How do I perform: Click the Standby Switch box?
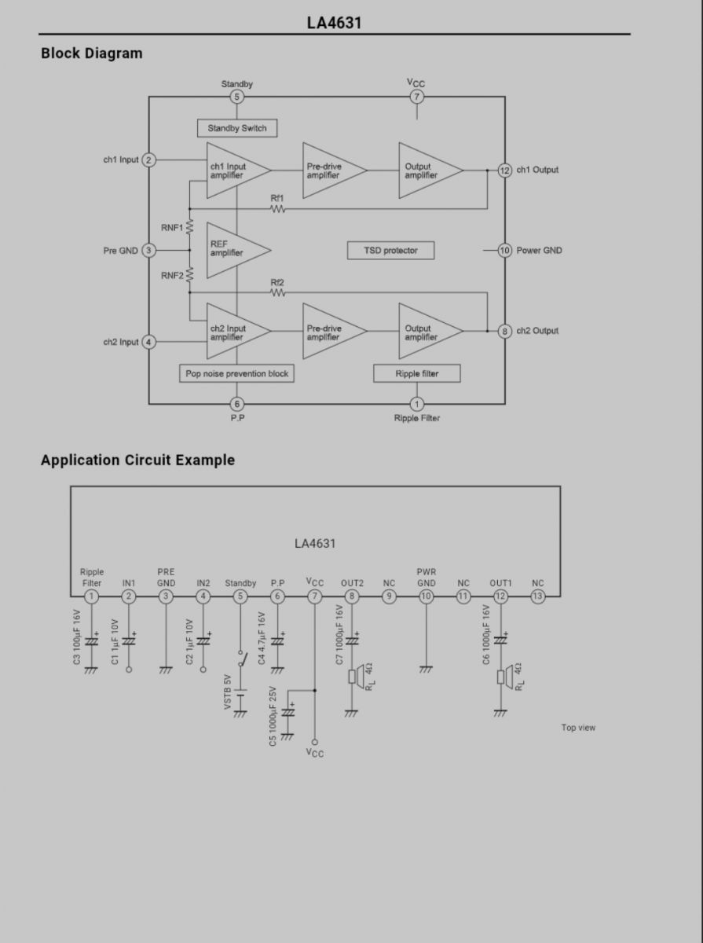click(x=237, y=128)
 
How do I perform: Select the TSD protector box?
click(x=390, y=251)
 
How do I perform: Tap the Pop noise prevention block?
click(x=236, y=373)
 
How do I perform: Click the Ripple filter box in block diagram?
click(x=416, y=373)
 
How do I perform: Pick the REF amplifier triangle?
click(x=232, y=250)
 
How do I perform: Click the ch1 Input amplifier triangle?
click(x=232, y=171)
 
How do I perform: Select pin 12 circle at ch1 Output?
click(x=504, y=171)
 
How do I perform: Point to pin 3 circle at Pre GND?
click(x=148, y=250)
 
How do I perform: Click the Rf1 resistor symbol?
click(x=277, y=209)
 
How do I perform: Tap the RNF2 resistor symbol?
click(x=189, y=274)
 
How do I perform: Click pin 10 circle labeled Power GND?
click(x=504, y=250)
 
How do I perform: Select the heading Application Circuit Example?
click(x=138, y=460)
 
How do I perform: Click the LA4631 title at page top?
click(x=334, y=23)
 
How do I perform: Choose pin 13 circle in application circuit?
click(x=538, y=596)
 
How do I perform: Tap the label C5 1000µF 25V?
click(x=273, y=716)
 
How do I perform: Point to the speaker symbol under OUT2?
click(x=356, y=677)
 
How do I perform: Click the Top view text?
click(x=578, y=728)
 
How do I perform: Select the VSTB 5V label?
click(x=228, y=692)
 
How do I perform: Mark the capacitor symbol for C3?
click(x=91, y=641)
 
